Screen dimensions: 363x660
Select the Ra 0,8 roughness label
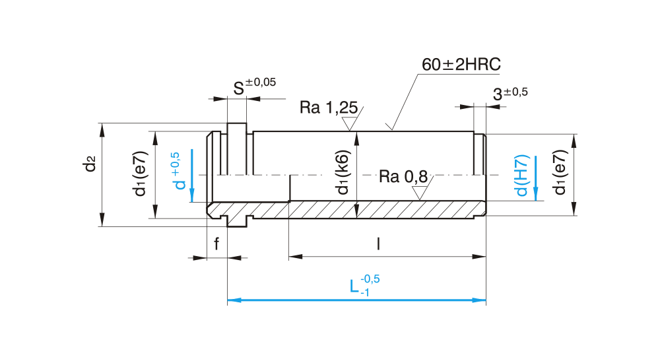point(403,177)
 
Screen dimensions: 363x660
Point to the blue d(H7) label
point(522,176)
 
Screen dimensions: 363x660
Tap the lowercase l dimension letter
point(378,244)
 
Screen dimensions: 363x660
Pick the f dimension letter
point(216,245)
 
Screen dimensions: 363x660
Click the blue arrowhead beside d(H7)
point(535,192)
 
